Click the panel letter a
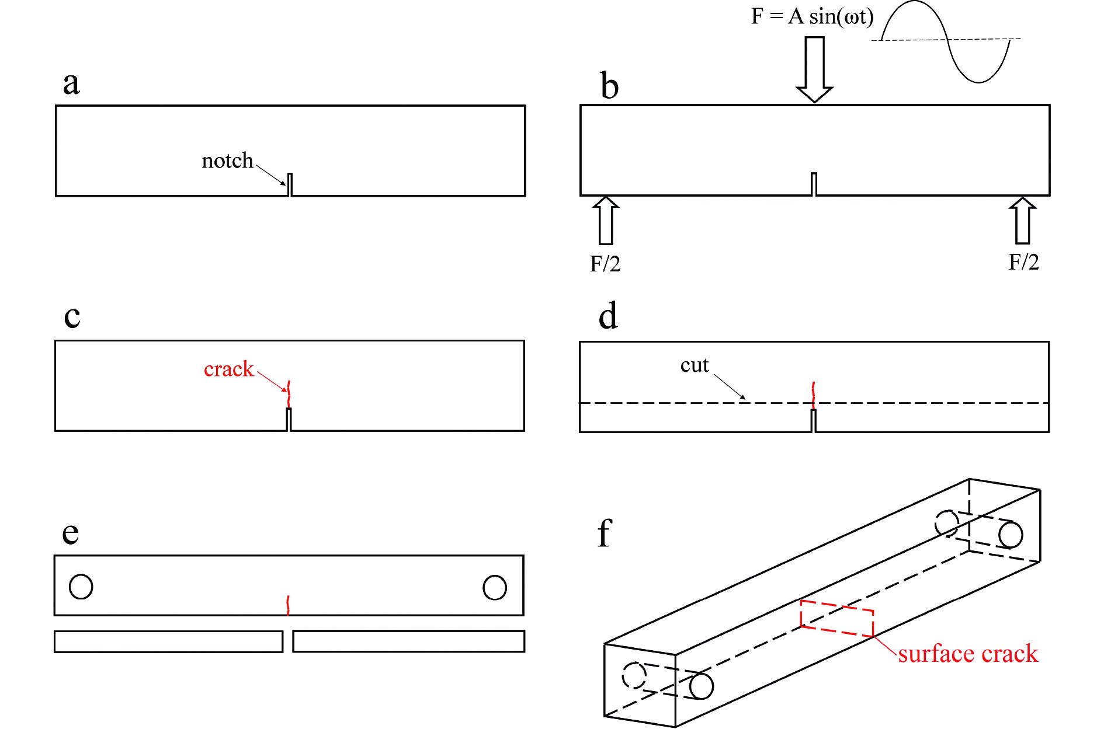point(71,83)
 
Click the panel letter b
point(609,86)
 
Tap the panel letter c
point(72,317)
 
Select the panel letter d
point(608,317)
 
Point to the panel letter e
point(70,533)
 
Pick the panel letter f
point(605,533)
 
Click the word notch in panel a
point(227,161)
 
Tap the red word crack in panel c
point(228,369)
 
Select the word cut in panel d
point(694,365)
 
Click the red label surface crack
point(968,654)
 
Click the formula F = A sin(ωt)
point(812,16)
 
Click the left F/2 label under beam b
point(605,264)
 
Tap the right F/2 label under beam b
point(1023,262)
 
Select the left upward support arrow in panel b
point(606,221)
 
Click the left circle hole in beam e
point(81,587)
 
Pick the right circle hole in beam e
point(494,587)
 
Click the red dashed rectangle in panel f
point(836,619)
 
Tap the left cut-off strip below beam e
point(168,641)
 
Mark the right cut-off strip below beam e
point(408,641)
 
